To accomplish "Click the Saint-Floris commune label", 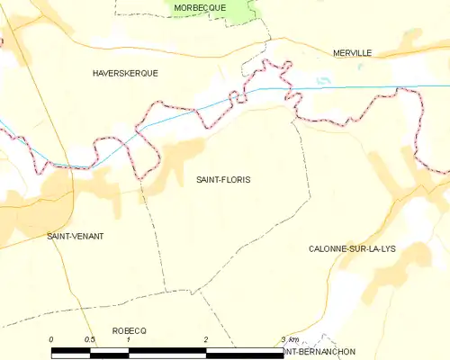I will click(223, 180).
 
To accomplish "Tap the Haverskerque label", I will click(125, 73).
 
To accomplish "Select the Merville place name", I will click(351, 53).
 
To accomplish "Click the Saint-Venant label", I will click(76, 236).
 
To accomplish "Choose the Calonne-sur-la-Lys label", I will click(353, 247).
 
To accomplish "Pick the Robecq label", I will click(129, 331).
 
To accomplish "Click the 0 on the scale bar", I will click(51, 339).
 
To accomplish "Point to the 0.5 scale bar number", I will click(90, 339).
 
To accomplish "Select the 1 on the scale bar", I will click(129, 339).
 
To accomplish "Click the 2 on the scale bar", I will click(206, 339).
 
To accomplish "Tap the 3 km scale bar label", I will click(288, 339).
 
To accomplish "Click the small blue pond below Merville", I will click(324, 79).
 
